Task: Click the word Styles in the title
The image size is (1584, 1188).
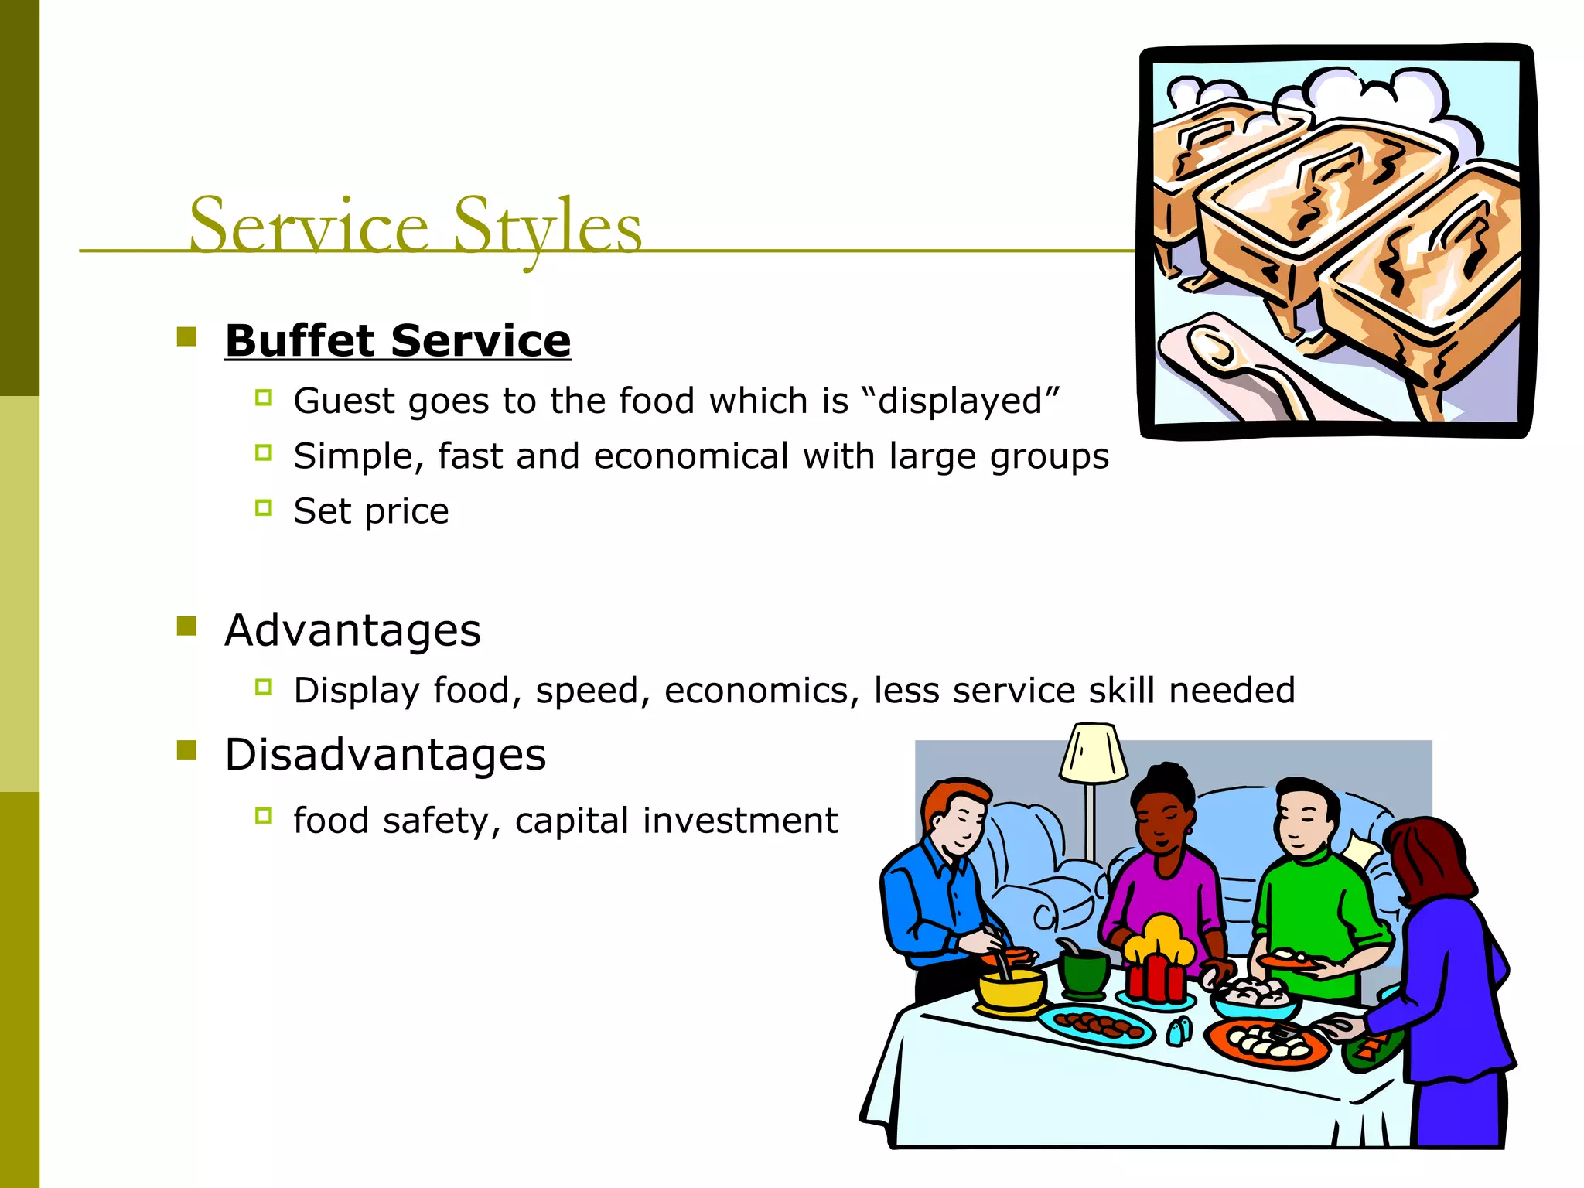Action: pos(547,226)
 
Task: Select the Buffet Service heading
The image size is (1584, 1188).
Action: pos(398,341)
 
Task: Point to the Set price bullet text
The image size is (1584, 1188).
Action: pos(370,511)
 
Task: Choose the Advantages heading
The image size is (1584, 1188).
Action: pos(353,630)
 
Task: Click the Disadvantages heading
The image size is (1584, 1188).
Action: pos(385,755)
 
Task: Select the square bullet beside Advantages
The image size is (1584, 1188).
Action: pos(186,626)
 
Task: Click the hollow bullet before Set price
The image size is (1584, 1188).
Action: pos(264,508)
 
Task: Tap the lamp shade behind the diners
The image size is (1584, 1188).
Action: pos(1093,753)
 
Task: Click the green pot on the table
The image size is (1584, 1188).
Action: pos(1084,974)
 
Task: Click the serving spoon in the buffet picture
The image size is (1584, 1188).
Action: pos(1237,364)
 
